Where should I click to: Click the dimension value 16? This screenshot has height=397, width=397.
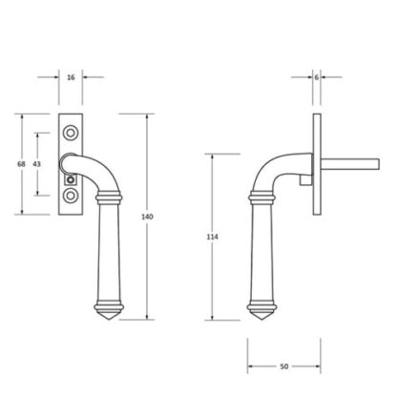click(71, 77)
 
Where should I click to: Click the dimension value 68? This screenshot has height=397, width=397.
click(21, 164)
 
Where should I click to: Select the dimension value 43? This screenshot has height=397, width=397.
click(37, 164)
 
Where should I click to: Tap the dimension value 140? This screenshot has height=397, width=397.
click(147, 217)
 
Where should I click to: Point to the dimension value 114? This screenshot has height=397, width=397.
click(212, 237)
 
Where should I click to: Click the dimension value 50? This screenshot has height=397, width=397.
click(284, 366)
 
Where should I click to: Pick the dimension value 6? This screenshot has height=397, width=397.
click(317, 77)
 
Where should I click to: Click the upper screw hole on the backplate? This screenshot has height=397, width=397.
click(71, 133)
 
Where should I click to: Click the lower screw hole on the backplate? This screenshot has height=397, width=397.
click(71, 196)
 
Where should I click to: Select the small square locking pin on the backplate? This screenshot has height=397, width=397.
click(71, 180)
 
